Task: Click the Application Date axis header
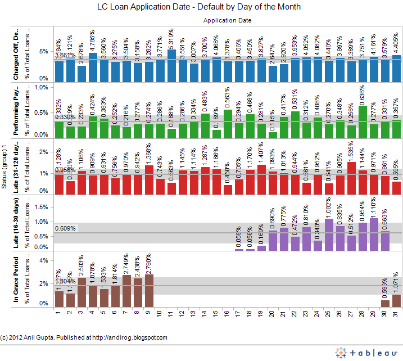(x=227, y=20)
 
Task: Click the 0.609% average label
(x=65, y=228)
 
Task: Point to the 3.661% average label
(x=65, y=55)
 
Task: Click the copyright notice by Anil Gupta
(x=84, y=337)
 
